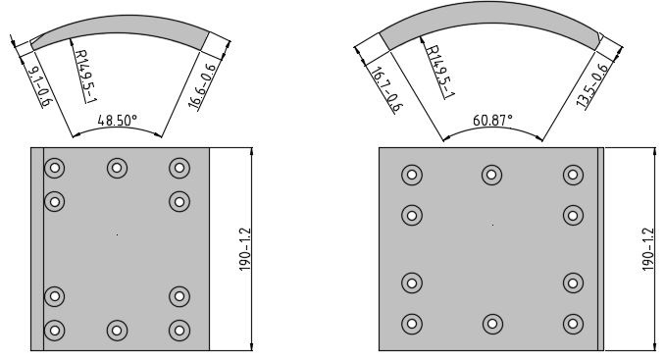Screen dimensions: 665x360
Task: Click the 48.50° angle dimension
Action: [118, 121]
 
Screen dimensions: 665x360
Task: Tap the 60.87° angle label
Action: [492, 121]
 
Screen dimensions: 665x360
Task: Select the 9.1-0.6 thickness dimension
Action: [40, 86]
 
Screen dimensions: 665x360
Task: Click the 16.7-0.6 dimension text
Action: [385, 89]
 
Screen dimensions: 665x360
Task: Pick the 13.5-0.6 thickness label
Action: [592, 85]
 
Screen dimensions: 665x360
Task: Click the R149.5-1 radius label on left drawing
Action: [85, 76]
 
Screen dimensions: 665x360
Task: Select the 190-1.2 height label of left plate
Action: [245, 249]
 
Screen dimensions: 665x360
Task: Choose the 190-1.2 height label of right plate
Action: [648, 249]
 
